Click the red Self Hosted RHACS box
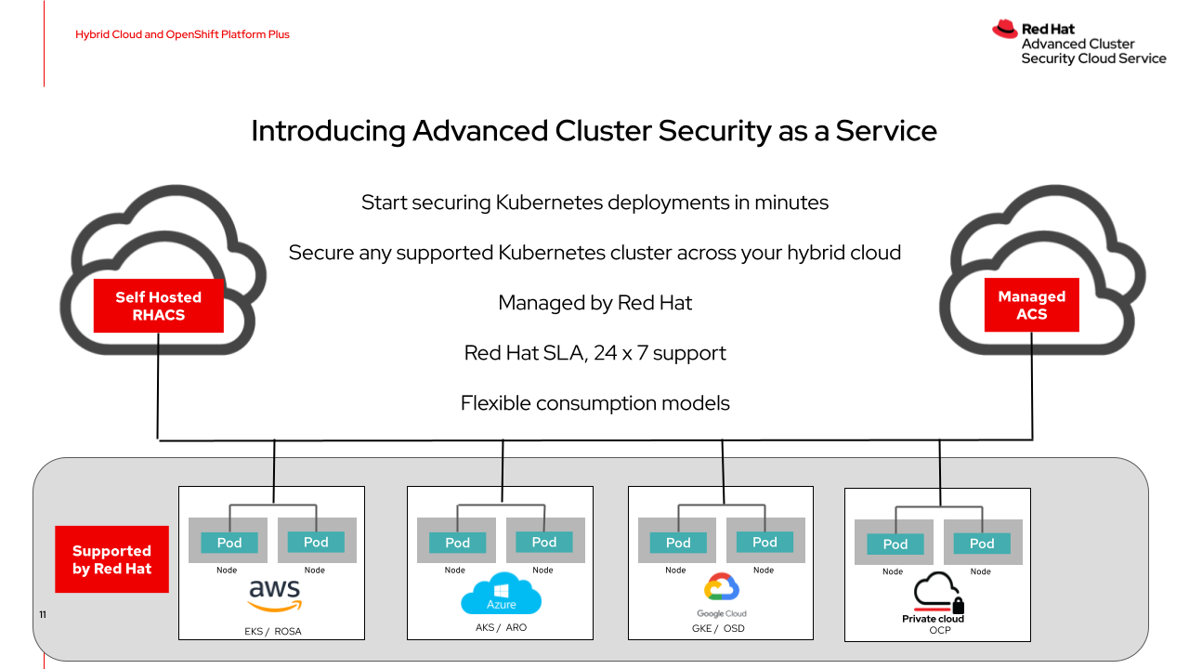tap(158, 306)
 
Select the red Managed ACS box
tap(1031, 305)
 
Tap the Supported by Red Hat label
tap(111, 559)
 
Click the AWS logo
tap(274, 595)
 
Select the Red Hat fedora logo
tap(1004, 30)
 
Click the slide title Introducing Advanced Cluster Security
tap(594, 131)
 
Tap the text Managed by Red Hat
tap(594, 303)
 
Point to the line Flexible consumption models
tap(594, 403)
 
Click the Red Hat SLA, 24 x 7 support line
tap(594, 353)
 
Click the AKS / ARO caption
tap(501, 627)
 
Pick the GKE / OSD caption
tap(721, 628)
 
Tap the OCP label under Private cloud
tap(940, 630)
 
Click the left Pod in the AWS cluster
tap(229, 543)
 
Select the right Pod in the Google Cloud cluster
tap(764, 542)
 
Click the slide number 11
tap(42, 615)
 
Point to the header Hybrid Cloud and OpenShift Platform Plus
tap(182, 34)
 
